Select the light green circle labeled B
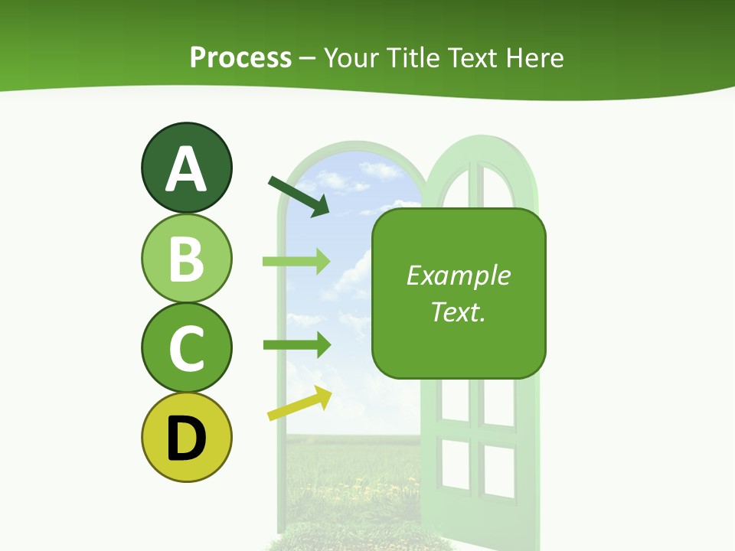pos(186,258)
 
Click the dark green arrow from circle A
pos(299,196)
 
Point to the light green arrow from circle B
pos(296,262)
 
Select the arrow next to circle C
pos(296,345)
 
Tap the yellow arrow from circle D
pos(299,403)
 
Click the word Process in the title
pos(240,57)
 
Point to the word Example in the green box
pos(459,275)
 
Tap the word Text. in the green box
pos(459,311)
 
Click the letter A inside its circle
pos(186,170)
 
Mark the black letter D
pos(186,438)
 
